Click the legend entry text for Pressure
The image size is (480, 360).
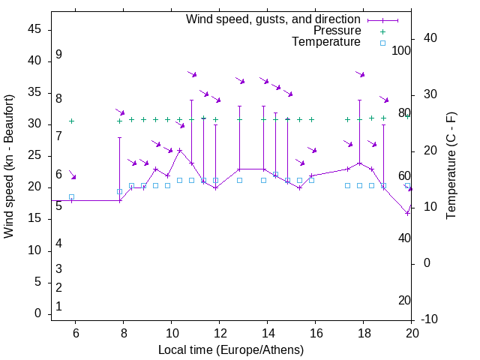pos(337,31)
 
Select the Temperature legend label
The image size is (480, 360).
pos(326,42)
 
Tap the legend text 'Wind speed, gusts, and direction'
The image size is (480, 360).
pos(274,19)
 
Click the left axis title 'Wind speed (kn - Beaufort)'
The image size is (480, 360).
pos(9,166)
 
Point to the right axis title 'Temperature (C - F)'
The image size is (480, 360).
pos(451,166)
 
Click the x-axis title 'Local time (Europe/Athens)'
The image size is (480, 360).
pos(231,349)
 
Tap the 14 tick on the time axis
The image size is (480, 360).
pos(267,333)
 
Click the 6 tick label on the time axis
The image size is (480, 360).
pos(75,333)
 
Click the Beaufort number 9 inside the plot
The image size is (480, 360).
pos(58,55)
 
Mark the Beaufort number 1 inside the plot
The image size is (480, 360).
pos(58,307)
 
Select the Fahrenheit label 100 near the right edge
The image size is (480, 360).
pos(402,50)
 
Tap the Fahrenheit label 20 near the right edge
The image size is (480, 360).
pos(404,301)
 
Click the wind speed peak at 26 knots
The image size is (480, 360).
pos(179,150)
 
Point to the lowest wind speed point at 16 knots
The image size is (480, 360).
pos(408,213)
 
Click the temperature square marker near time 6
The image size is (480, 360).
pos(72,197)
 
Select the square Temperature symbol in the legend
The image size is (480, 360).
pos(382,43)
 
